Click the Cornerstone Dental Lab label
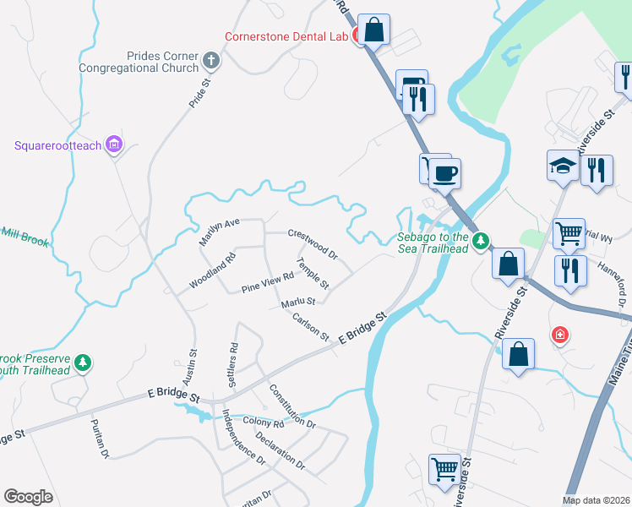click(286, 36)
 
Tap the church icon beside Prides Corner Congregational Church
click(211, 61)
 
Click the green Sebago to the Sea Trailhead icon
click(481, 243)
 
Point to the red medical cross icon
click(559, 336)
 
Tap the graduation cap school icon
click(562, 166)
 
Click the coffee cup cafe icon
click(445, 174)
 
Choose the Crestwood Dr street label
click(313, 244)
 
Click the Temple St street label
click(312, 272)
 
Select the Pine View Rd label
click(267, 282)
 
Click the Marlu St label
click(298, 302)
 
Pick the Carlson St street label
click(310, 327)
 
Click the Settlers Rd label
click(233, 364)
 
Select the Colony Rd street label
click(263, 422)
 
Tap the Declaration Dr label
click(280, 451)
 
